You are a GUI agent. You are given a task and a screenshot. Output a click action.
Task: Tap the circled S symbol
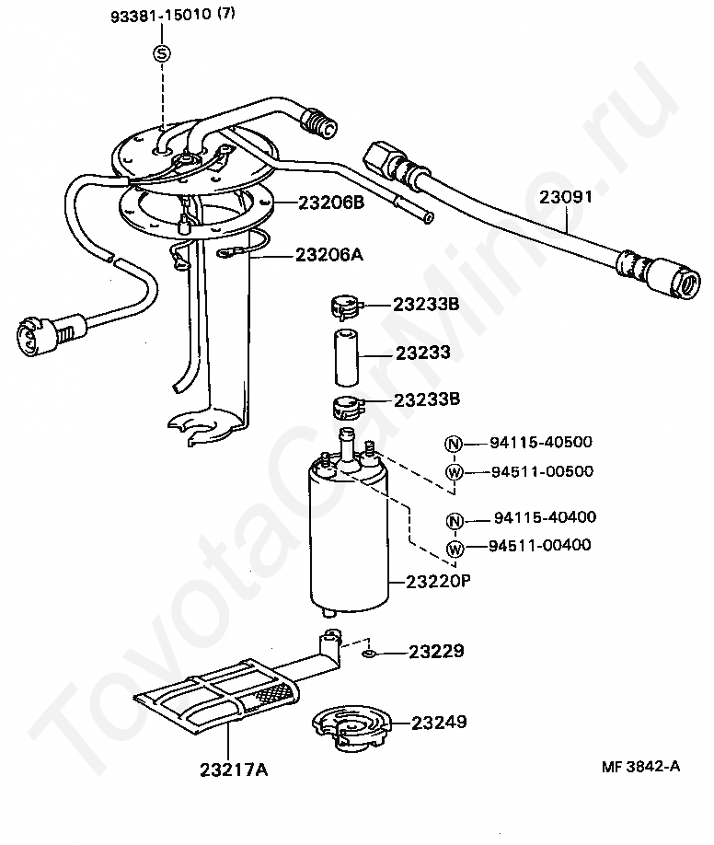coord(163,53)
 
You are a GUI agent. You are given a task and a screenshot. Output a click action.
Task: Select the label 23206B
coord(331,203)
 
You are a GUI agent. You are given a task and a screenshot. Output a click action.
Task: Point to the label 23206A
coord(329,254)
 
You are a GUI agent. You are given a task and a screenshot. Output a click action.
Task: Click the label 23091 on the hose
coord(566,197)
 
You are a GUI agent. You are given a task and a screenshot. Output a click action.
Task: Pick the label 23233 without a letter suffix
coord(423,353)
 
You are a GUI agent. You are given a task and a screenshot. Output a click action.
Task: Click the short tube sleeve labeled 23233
coord(347,358)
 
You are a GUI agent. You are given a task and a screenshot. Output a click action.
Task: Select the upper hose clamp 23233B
coord(345,307)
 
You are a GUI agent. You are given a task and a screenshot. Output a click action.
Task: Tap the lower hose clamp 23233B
coord(347,409)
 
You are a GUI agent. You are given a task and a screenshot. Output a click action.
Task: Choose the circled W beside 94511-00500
coord(455,472)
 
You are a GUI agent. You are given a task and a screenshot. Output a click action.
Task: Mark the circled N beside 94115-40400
coord(455,521)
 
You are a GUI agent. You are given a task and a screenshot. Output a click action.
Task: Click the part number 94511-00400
coord(539,545)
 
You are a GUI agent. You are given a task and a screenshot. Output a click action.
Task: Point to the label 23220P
coord(438,582)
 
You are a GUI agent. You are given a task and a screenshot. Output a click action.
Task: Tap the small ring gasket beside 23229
coord(369,654)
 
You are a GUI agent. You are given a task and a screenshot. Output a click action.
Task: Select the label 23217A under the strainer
coord(234,770)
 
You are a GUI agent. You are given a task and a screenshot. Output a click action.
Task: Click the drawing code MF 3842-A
coord(641,767)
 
